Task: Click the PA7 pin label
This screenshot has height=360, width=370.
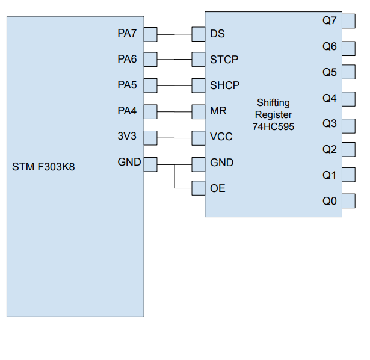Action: (x=127, y=34)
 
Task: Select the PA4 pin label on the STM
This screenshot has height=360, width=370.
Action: (x=127, y=111)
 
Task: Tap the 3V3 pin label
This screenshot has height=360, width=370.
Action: (x=127, y=137)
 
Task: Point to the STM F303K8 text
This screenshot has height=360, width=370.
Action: (x=43, y=167)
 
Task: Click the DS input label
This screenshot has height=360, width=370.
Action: (x=217, y=34)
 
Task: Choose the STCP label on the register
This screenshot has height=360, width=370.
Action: (x=224, y=60)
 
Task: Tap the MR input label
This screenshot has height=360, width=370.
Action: (x=218, y=111)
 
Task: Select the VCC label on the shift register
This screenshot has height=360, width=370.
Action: (x=221, y=137)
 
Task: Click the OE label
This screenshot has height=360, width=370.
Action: (x=218, y=188)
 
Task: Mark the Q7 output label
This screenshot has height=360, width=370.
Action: (x=330, y=20)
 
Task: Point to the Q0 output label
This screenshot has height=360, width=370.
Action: (x=330, y=201)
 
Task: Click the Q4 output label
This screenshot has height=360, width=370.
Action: (x=330, y=98)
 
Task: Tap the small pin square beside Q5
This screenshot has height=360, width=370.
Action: (x=348, y=72)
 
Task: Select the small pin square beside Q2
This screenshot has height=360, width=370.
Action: (x=348, y=149)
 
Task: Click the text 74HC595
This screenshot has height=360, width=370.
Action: (x=273, y=126)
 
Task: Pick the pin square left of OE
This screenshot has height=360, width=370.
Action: (x=199, y=188)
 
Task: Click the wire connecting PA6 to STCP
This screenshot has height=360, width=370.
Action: (x=174, y=60)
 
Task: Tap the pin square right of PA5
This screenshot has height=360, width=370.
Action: (x=150, y=85)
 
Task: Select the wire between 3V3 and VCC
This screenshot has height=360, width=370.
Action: (x=174, y=137)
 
